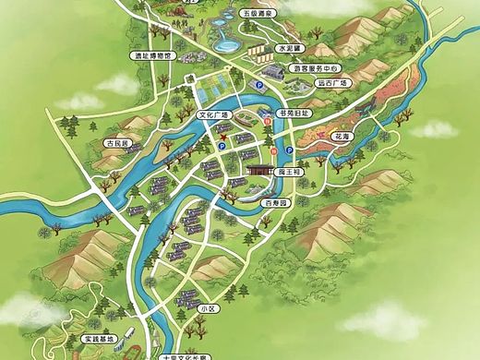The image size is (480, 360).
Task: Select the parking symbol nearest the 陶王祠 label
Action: click(x=290, y=150)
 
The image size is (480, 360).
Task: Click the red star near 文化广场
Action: click(x=222, y=136)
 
